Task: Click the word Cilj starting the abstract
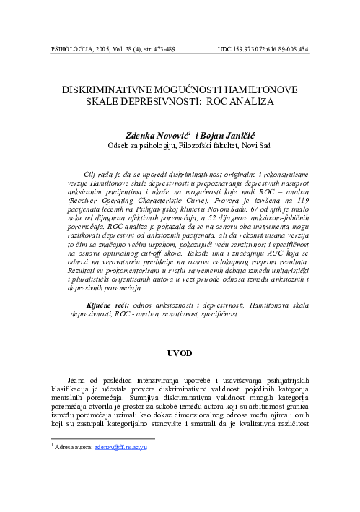(x=92, y=175)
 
